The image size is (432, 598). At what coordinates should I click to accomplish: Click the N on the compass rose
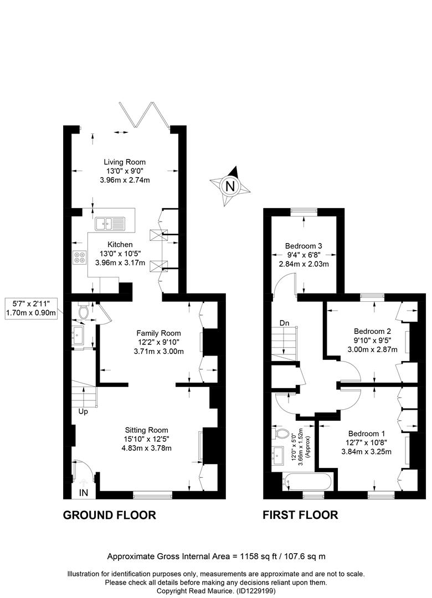(x=230, y=187)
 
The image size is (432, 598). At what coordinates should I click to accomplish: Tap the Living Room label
(x=125, y=162)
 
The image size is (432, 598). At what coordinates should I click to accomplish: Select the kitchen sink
(x=110, y=224)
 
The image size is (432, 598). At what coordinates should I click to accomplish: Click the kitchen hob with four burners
(x=80, y=257)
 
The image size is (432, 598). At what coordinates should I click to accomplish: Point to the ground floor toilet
(x=83, y=311)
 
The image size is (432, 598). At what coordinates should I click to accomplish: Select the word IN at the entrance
(x=84, y=493)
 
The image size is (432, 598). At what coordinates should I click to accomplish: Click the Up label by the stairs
(x=83, y=411)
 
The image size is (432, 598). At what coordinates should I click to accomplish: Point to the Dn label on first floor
(x=284, y=323)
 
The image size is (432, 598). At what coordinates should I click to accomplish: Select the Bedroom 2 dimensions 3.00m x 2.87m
(x=373, y=349)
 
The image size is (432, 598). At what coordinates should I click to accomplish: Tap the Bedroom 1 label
(x=366, y=434)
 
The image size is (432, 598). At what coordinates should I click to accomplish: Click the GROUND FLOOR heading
(x=109, y=515)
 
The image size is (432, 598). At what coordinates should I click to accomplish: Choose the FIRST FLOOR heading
(x=300, y=515)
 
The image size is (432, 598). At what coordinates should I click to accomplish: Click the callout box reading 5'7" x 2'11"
(x=32, y=308)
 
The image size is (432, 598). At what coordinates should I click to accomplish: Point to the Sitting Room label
(x=146, y=430)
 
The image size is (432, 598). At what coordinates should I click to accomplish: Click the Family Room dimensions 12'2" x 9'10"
(x=159, y=342)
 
